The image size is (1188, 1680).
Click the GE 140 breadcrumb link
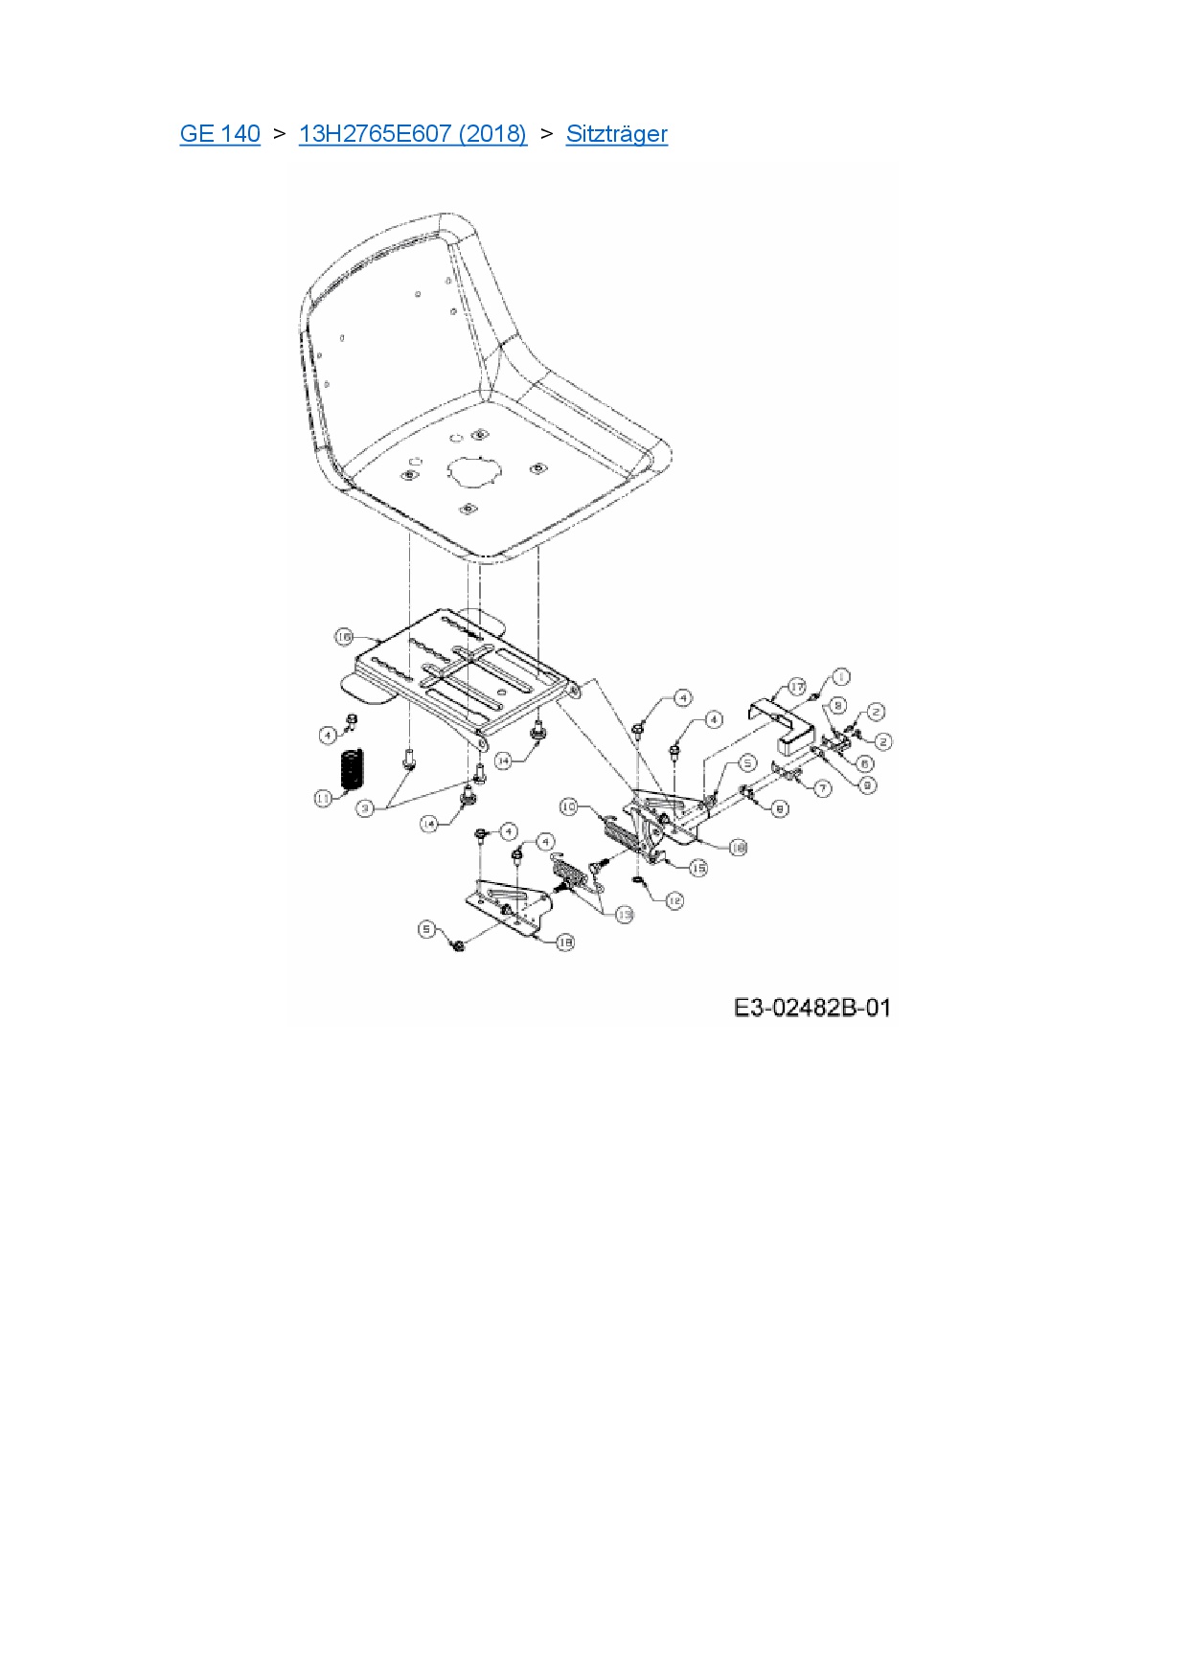click(x=219, y=134)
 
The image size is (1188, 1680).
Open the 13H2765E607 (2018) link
click(x=412, y=134)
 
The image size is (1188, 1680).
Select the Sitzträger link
click(x=616, y=134)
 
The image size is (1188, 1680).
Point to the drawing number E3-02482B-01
click(x=811, y=1008)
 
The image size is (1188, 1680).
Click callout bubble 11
click(x=324, y=798)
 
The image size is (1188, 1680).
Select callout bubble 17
click(x=797, y=688)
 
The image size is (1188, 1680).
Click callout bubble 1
click(x=839, y=677)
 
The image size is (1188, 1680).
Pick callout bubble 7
click(x=823, y=789)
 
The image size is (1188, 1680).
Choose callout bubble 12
click(x=674, y=900)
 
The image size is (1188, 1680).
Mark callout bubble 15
click(x=698, y=868)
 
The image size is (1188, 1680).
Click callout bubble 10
click(x=569, y=807)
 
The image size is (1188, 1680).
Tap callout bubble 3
click(x=365, y=809)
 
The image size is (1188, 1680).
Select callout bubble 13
click(x=624, y=915)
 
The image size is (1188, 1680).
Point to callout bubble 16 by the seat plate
click(x=345, y=637)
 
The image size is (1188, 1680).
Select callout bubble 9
click(x=866, y=785)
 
